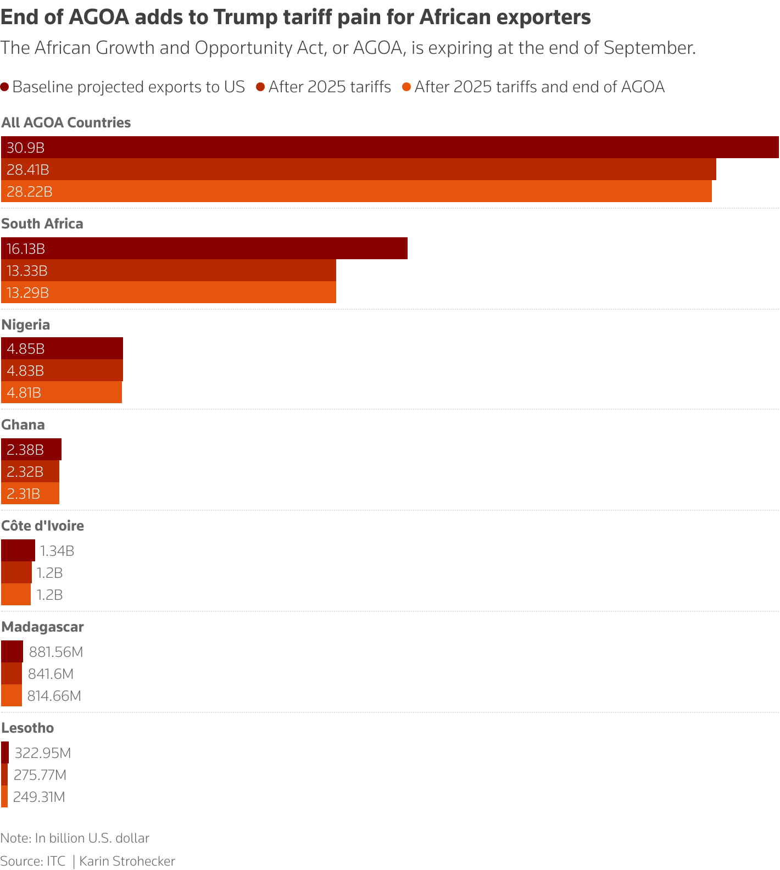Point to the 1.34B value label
[57, 551]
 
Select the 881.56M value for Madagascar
[56, 652]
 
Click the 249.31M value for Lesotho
[39, 797]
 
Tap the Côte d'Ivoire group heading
[43, 526]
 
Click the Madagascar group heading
[43, 627]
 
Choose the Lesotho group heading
[27, 728]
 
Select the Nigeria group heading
[26, 325]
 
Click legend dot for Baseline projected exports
[5, 87]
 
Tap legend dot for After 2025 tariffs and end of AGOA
[406, 87]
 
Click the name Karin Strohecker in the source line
[127, 861]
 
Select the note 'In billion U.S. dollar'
[92, 838]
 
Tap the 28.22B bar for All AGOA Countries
[356, 191]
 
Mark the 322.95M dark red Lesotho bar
[5, 752]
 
